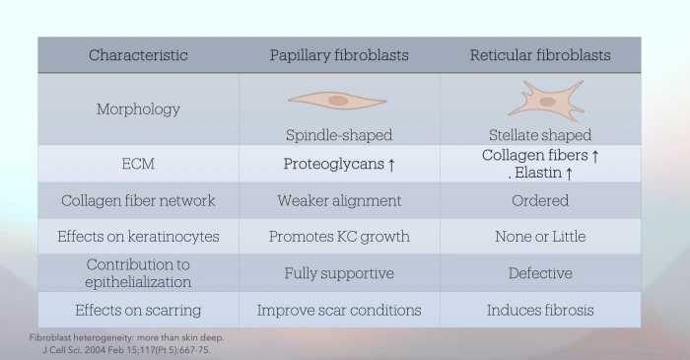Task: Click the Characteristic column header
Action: [138, 55]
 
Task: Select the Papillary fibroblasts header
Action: [339, 55]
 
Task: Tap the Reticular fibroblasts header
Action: [539, 55]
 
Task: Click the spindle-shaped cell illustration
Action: [338, 101]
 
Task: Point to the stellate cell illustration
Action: [539, 100]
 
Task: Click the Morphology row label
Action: [138, 109]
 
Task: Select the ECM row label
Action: [138, 164]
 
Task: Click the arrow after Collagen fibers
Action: [594, 157]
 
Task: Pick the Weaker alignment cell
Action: [339, 200]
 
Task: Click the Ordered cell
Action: [540, 200]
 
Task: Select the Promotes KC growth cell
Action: [339, 237]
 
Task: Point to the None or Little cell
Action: [540, 237]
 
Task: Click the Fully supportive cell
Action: [339, 273]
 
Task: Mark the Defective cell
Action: [540, 273]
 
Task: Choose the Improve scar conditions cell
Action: [339, 310]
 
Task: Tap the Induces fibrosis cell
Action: [540, 310]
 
